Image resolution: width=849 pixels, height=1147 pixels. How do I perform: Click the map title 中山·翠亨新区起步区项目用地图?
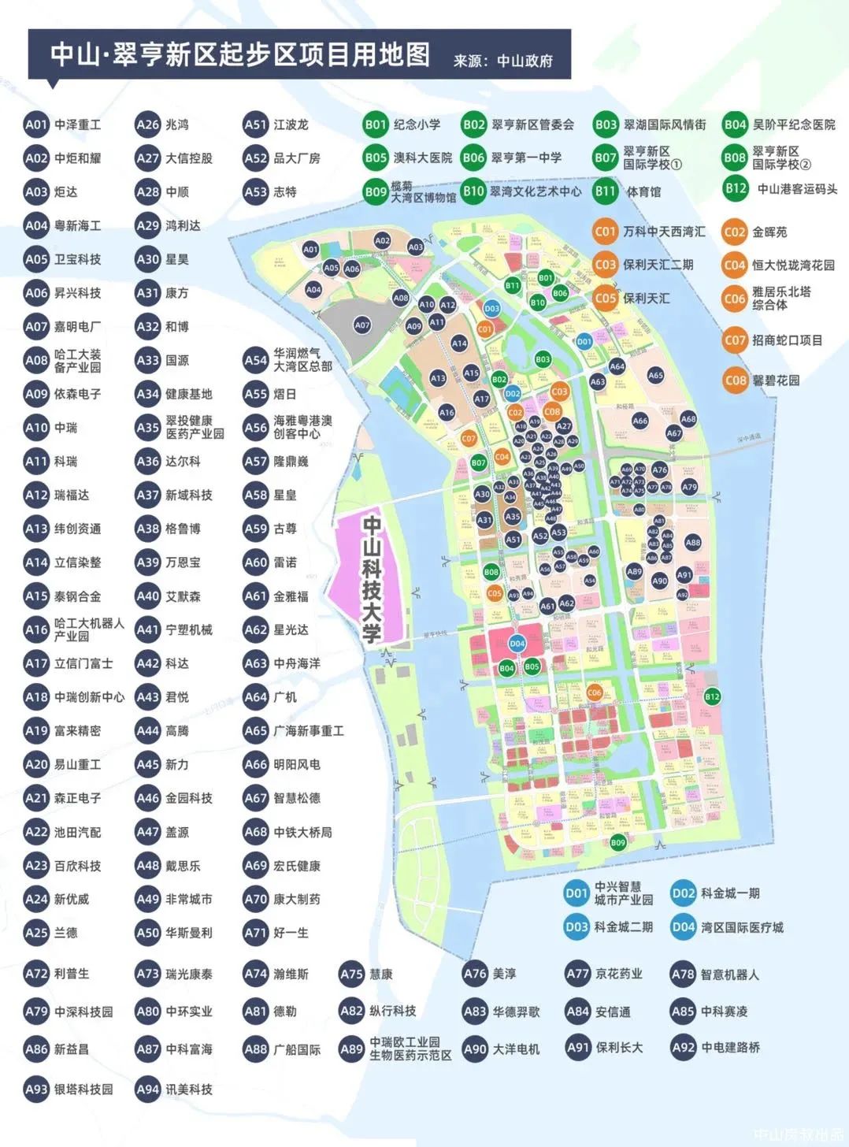pyautogui.click(x=240, y=54)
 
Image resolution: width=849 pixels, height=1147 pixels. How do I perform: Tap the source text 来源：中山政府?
pyautogui.click(x=503, y=61)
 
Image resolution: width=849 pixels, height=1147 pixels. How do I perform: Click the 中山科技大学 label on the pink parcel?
pyautogui.click(x=372, y=579)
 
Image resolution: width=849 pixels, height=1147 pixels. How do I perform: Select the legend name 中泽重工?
pyautogui.click(x=77, y=124)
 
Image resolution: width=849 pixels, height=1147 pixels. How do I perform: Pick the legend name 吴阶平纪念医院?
pyautogui.click(x=793, y=124)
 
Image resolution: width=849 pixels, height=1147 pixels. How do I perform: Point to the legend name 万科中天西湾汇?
pyautogui.click(x=664, y=232)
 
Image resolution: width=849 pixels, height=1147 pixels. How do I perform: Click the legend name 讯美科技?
pyautogui.click(x=189, y=1089)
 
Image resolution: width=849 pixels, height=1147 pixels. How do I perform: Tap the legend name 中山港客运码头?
pyautogui.click(x=797, y=189)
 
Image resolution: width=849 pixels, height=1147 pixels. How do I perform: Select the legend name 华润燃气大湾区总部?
pyautogui.click(x=302, y=360)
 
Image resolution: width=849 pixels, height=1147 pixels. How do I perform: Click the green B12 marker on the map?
pyautogui.click(x=712, y=696)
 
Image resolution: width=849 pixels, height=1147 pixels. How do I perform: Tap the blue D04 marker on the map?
pyautogui.click(x=517, y=644)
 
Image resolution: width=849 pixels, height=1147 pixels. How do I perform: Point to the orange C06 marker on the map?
pyautogui.click(x=595, y=692)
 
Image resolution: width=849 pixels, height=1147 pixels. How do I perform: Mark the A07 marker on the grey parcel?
pyautogui.click(x=361, y=325)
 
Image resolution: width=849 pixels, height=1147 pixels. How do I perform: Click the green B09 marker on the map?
pyautogui.click(x=618, y=843)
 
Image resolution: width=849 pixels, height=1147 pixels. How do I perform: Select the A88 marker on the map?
pyautogui.click(x=692, y=542)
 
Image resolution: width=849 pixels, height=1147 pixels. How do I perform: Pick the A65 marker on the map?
pyautogui.click(x=655, y=376)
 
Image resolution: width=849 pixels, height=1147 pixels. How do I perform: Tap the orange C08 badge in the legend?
pyautogui.click(x=735, y=380)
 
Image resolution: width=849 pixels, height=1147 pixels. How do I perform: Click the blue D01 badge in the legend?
pyautogui.click(x=577, y=893)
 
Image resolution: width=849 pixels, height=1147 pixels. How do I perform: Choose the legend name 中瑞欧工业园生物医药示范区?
pyautogui.click(x=410, y=1049)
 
